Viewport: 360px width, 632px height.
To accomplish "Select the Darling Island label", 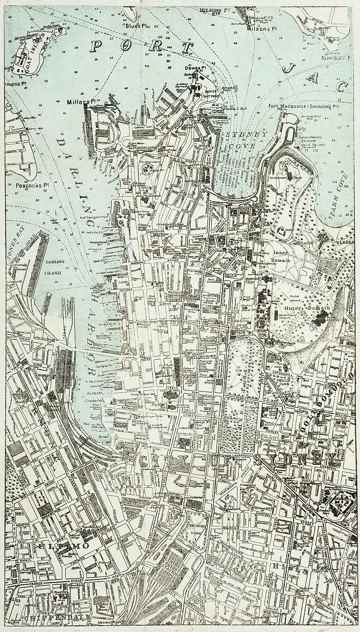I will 52,267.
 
